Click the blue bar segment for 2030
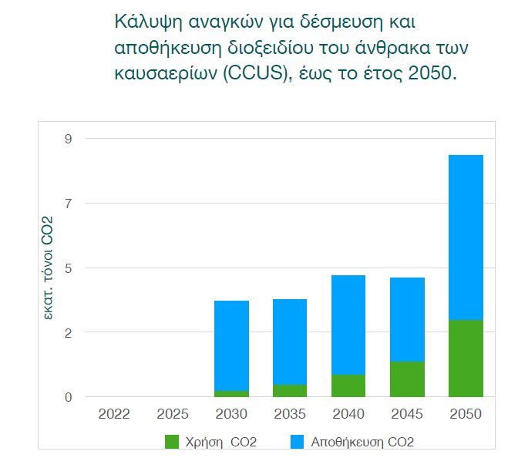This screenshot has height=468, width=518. coord(231,345)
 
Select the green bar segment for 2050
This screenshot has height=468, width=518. coord(466,359)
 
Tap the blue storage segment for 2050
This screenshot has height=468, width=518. coord(466,237)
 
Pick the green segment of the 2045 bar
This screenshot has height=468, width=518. coord(407,379)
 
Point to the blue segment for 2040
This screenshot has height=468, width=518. coord(348,325)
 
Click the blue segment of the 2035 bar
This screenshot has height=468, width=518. coord(290,342)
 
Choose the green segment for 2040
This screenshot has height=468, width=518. coord(348,386)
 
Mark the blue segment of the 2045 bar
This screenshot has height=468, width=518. coord(407,319)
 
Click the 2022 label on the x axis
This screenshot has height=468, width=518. coord(114,414)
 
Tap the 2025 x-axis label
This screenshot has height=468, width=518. coord(173,414)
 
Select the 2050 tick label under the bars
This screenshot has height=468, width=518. coord(466,414)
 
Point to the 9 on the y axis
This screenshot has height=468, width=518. coord(68,139)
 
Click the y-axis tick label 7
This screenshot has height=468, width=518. coord(68,204)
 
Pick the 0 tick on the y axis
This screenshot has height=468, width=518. coord(68,397)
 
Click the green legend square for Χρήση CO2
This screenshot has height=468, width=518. coord(171,442)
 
